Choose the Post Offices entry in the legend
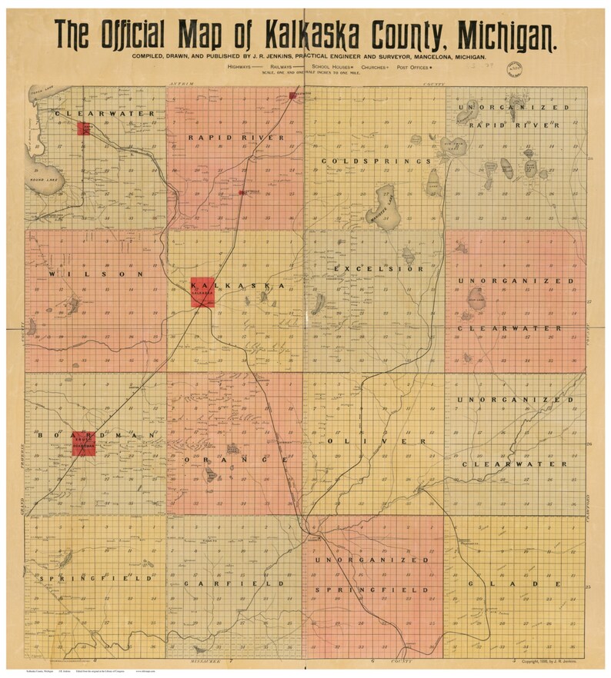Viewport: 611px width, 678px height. [x=414, y=68]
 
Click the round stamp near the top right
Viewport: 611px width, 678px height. [x=514, y=68]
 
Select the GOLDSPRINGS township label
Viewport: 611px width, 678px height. [x=376, y=161]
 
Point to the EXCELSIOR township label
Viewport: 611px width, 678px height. [x=379, y=269]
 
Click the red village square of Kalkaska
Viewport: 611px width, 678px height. [x=202, y=292]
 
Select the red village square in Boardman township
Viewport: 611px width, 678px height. [x=83, y=443]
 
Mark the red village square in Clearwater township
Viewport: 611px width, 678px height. [x=84, y=127]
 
